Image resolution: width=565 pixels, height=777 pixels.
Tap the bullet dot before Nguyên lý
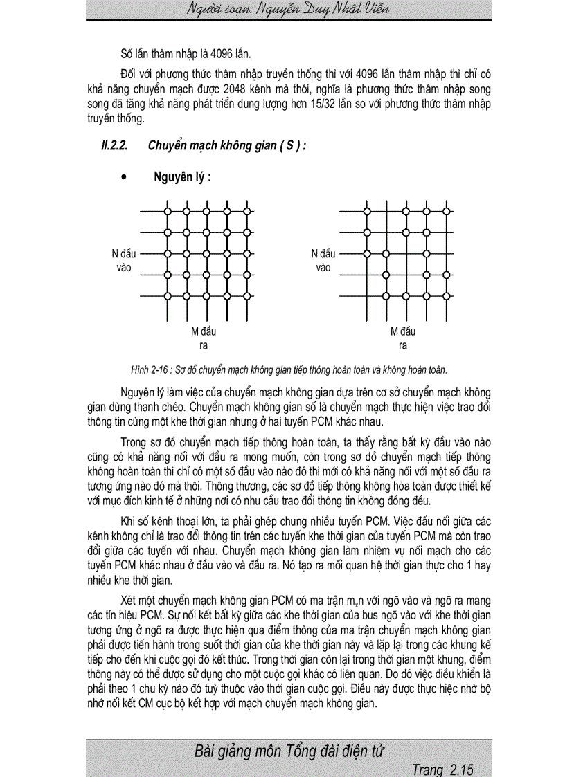pos(124,177)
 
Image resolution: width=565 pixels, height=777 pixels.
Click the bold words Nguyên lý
pos(182,177)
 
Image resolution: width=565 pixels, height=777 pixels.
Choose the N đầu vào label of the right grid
pos(323,260)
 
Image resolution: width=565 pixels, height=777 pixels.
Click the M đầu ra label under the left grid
pos(204,338)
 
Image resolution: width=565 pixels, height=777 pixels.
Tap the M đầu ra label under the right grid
pos(403,338)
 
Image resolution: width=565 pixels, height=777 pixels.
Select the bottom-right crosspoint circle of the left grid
pos(247,296)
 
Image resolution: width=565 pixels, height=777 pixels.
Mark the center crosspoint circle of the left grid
pos(207,254)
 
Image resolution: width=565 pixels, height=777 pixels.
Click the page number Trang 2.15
pos(441,769)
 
